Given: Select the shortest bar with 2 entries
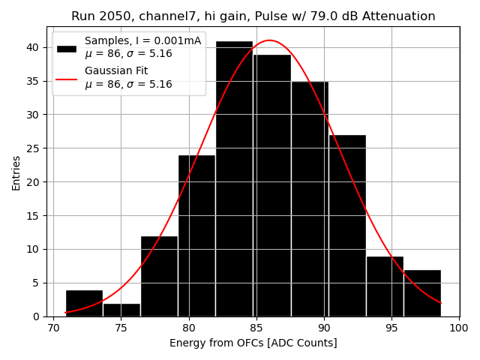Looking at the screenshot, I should pos(121,310).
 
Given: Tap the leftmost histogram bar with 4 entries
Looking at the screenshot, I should pos(84,303).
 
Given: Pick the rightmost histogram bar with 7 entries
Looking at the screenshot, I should pos(422,293).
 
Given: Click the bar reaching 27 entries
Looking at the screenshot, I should pos(347,226).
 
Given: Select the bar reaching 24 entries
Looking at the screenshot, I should pos(196,235).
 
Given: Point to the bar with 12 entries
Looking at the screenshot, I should pos(159,276).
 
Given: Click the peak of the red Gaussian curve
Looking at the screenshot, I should pos(269,40).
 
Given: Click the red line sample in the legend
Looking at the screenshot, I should pos(67,77).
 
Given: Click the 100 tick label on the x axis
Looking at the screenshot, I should pos(459,328).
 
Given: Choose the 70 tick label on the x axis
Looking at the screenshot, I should pos(53,328).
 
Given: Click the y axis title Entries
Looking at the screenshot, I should pos(16,172).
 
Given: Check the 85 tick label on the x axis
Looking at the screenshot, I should pos(256,328).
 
